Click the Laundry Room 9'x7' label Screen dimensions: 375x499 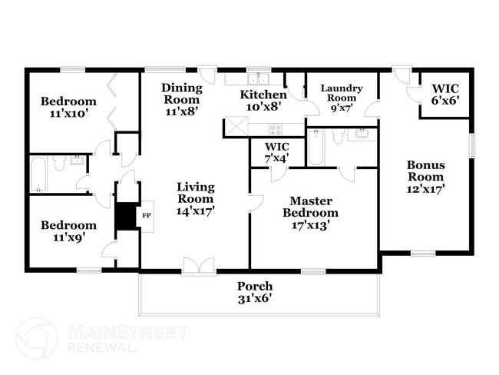(x=341, y=98)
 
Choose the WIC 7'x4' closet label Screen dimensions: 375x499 (x=276, y=152)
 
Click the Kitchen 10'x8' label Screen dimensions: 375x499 (x=263, y=101)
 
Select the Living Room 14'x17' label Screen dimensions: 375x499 (x=195, y=198)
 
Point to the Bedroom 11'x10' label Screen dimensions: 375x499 (x=68, y=108)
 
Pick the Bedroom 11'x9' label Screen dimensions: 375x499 (x=68, y=231)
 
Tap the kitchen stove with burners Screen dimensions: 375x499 (x=273, y=129)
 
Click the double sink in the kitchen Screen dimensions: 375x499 (x=255, y=78)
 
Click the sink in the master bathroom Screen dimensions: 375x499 (x=362, y=136)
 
